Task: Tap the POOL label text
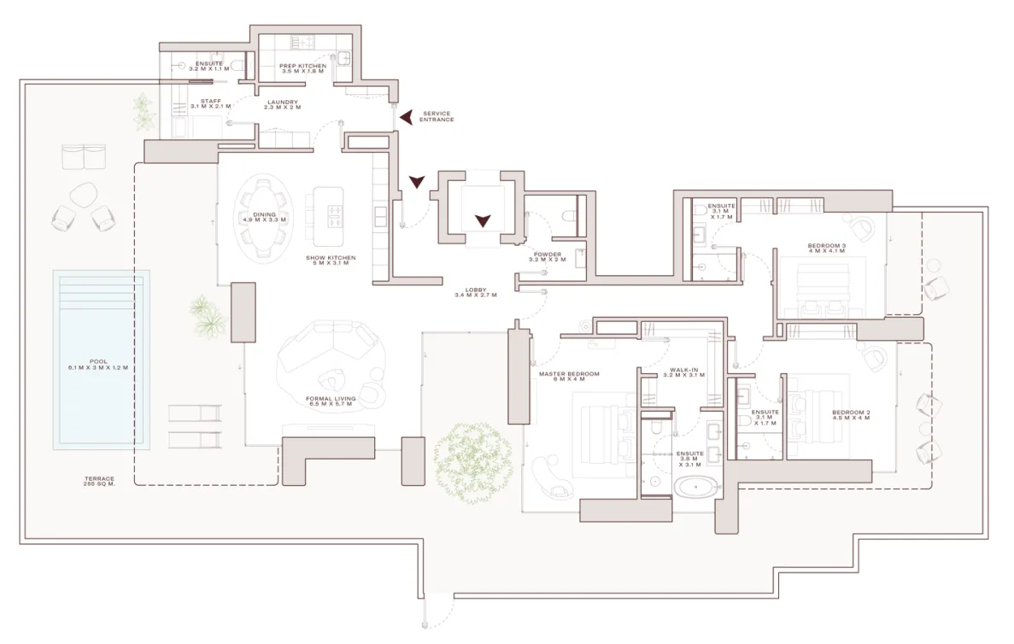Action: [x=98, y=365]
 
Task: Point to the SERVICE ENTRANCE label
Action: [x=437, y=116]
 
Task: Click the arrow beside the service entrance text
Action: [x=407, y=116]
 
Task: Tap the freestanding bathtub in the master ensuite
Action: [x=698, y=488]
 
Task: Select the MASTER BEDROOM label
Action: [x=569, y=377]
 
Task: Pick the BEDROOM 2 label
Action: [x=851, y=416]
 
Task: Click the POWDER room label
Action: [x=548, y=257]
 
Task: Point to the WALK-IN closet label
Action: [x=683, y=373]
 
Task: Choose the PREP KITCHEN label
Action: [x=302, y=68]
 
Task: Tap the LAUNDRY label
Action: [x=281, y=105]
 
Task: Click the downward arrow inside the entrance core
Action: [x=483, y=220]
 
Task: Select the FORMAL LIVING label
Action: [x=330, y=401]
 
